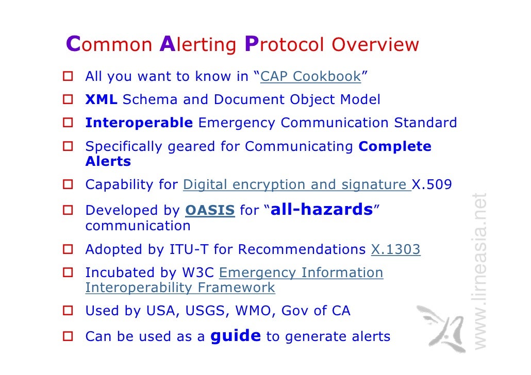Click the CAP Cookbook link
pos(311,77)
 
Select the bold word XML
pos(101,100)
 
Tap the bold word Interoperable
pos(139,123)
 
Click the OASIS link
pos(210,211)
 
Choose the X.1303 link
pos(395,250)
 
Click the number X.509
pos(432,184)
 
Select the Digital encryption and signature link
pos(296,184)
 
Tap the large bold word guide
pos(236,336)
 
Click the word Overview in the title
pos(375,45)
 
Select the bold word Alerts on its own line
pos(108,161)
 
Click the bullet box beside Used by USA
pos(68,311)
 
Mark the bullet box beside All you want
pos(68,77)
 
